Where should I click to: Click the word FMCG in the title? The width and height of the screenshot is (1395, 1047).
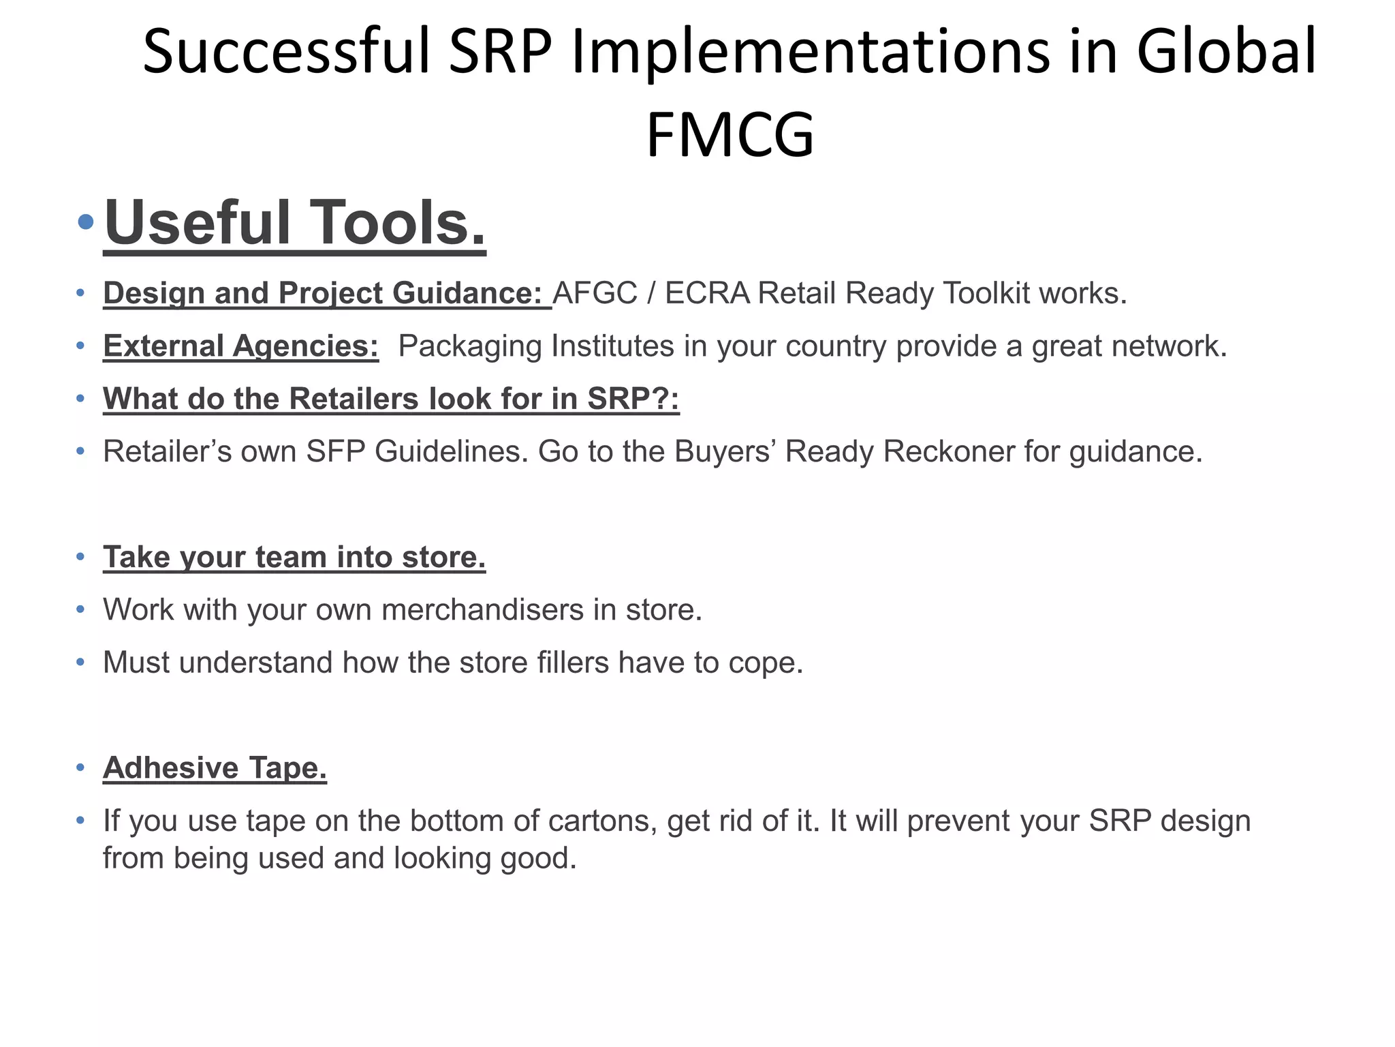pyautogui.click(x=730, y=134)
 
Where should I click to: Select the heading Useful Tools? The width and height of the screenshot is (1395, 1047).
pyautogui.click(x=295, y=223)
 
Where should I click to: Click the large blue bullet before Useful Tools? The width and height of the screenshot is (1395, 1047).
pyautogui.click(x=86, y=222)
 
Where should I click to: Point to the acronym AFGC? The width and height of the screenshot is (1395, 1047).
pyautogui.click(x=595, y=293)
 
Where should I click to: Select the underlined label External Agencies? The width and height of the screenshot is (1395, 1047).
pyautogui.click(x=241, y=346)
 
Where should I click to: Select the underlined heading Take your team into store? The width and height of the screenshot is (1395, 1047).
pyautogui.click(x=294, y=557)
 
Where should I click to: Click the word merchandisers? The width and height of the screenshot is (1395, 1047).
pyautogui.click(x=482, y=609)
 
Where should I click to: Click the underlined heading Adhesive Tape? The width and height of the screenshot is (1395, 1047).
pyautogui.click(x=215, y=768)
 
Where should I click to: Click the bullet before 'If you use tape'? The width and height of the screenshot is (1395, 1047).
pyautogui.click(x=80, y=821)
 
